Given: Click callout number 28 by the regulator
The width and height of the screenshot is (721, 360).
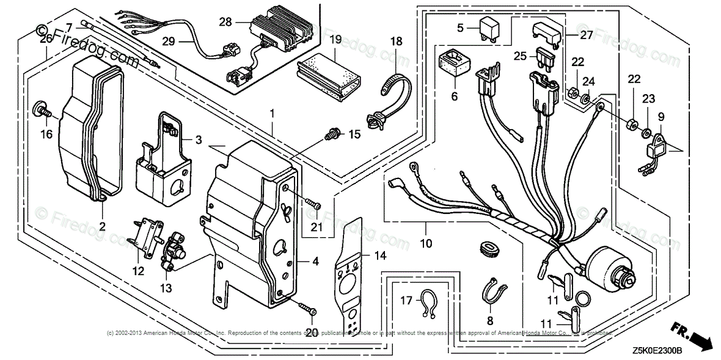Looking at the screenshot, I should point(225,22).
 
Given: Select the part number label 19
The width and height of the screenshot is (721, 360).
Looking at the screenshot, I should point(335,40).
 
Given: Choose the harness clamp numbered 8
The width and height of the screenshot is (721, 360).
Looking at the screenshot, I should point(494,290).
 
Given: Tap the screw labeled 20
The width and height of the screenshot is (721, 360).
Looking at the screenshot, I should point(306,309).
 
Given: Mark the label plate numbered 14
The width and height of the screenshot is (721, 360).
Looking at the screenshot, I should point(349,275).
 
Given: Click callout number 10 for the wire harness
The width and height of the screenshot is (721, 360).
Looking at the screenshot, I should point(426,243).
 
